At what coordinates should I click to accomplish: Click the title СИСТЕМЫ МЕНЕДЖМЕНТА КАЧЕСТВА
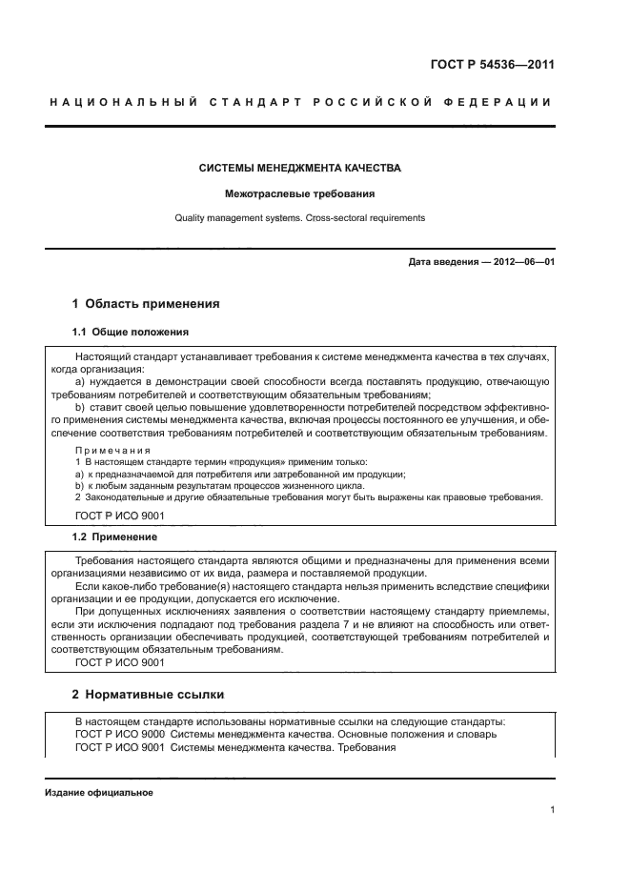point(299,168)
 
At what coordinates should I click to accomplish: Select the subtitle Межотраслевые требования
point(299,193)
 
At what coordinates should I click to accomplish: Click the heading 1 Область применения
point(146,304)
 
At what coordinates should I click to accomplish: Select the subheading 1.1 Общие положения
point(130,332)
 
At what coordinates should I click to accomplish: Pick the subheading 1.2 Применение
point(114,537)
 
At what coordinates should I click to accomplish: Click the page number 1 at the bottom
point(552,811)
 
